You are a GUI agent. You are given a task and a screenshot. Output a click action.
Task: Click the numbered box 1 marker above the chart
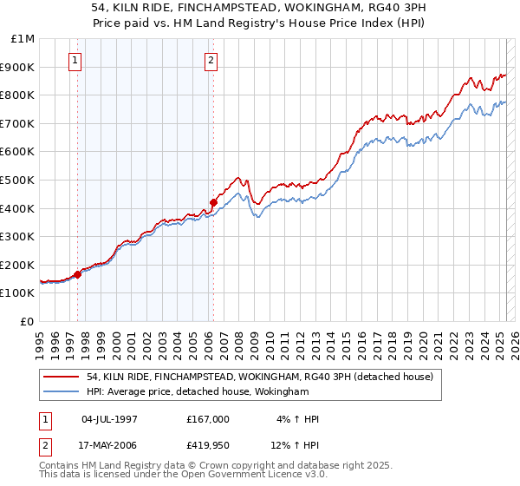[x=76, y=61]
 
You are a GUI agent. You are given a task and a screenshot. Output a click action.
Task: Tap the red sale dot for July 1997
[x=77, y=274]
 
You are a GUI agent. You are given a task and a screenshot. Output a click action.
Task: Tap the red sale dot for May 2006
[x=213, y=202]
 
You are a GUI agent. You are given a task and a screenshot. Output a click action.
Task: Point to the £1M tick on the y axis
[x=23, y=39]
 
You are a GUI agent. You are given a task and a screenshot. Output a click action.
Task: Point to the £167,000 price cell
[x=208, y=418]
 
